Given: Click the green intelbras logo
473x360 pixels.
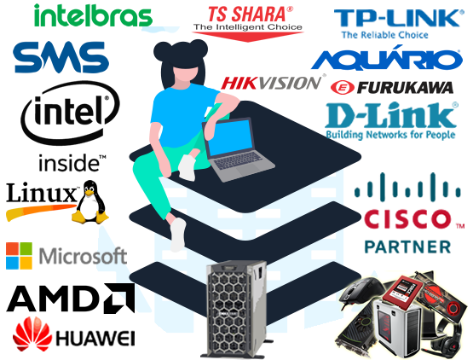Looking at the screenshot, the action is [x=93, y=15].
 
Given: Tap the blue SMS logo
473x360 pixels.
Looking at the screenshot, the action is [x=61, y=57].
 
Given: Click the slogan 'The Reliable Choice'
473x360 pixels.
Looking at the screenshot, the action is [x=384, y=35].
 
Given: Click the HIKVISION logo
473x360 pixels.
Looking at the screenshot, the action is [x=273, y=83].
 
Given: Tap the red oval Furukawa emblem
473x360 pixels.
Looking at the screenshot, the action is [x=342, y=88].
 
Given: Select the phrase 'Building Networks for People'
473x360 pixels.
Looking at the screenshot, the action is [x=390, y=135].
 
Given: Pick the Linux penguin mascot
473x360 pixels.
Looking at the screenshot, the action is [x=89, y=202].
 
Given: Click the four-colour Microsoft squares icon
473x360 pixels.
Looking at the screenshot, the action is [x=19, y=256].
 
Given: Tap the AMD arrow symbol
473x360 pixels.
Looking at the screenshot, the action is [x=118, y=299].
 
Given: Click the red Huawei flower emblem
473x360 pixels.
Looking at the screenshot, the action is [x=32, y=334].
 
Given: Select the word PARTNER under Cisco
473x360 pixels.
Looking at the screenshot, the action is [x=407, y=247].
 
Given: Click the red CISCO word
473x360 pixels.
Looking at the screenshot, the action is [x=407, y=219].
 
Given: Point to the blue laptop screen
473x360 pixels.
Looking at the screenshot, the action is [x=230, y=137].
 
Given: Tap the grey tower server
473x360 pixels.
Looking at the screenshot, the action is [x=235, y=309].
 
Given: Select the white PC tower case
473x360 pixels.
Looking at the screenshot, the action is [x=398, y=328].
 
